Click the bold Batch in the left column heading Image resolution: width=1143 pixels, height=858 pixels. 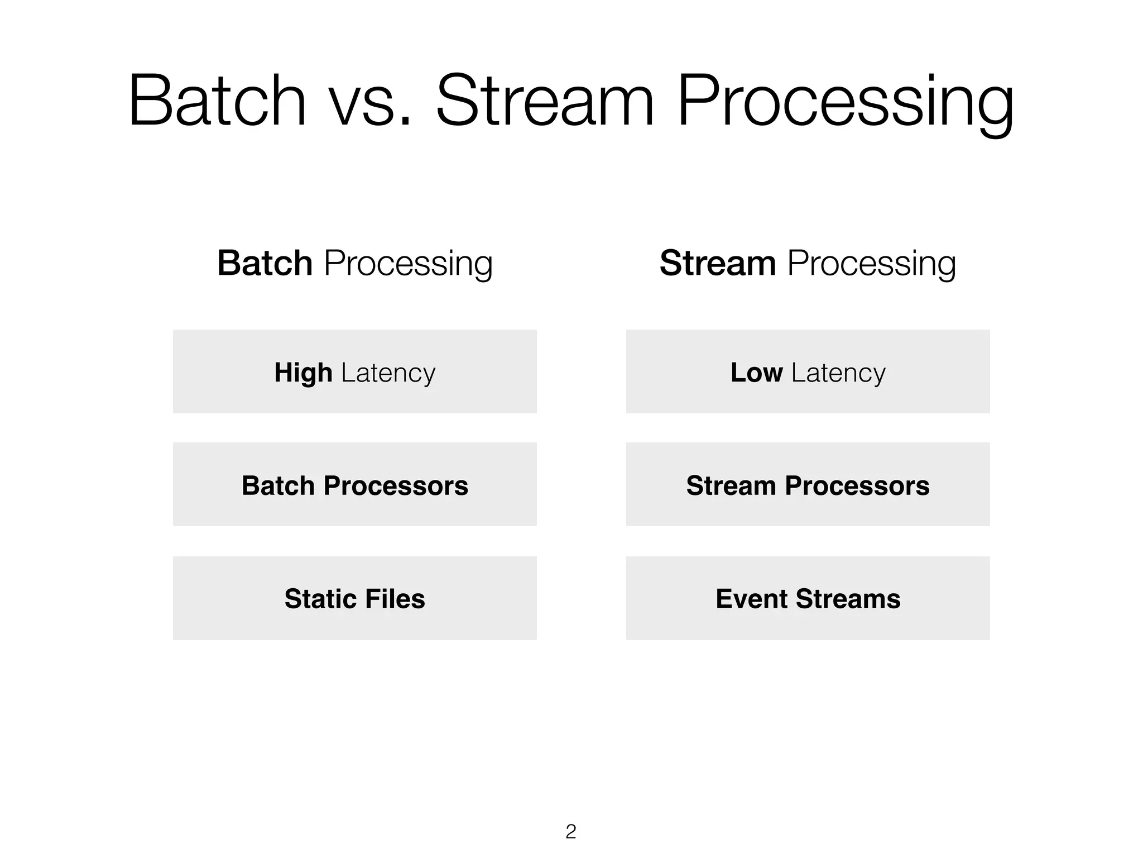[265, 263]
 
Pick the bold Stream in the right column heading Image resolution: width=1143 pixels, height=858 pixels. [718, 263]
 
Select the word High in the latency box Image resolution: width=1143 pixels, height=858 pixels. [303, 373]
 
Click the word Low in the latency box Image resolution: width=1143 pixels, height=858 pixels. [756, 373]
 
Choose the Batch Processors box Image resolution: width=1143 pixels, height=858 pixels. [355, 485]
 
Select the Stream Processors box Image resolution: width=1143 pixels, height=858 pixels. [808, 485]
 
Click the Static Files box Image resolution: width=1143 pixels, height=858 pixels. [355, 598]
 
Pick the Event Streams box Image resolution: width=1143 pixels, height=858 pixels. [808, 598]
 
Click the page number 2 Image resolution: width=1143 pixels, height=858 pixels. [570, 832]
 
